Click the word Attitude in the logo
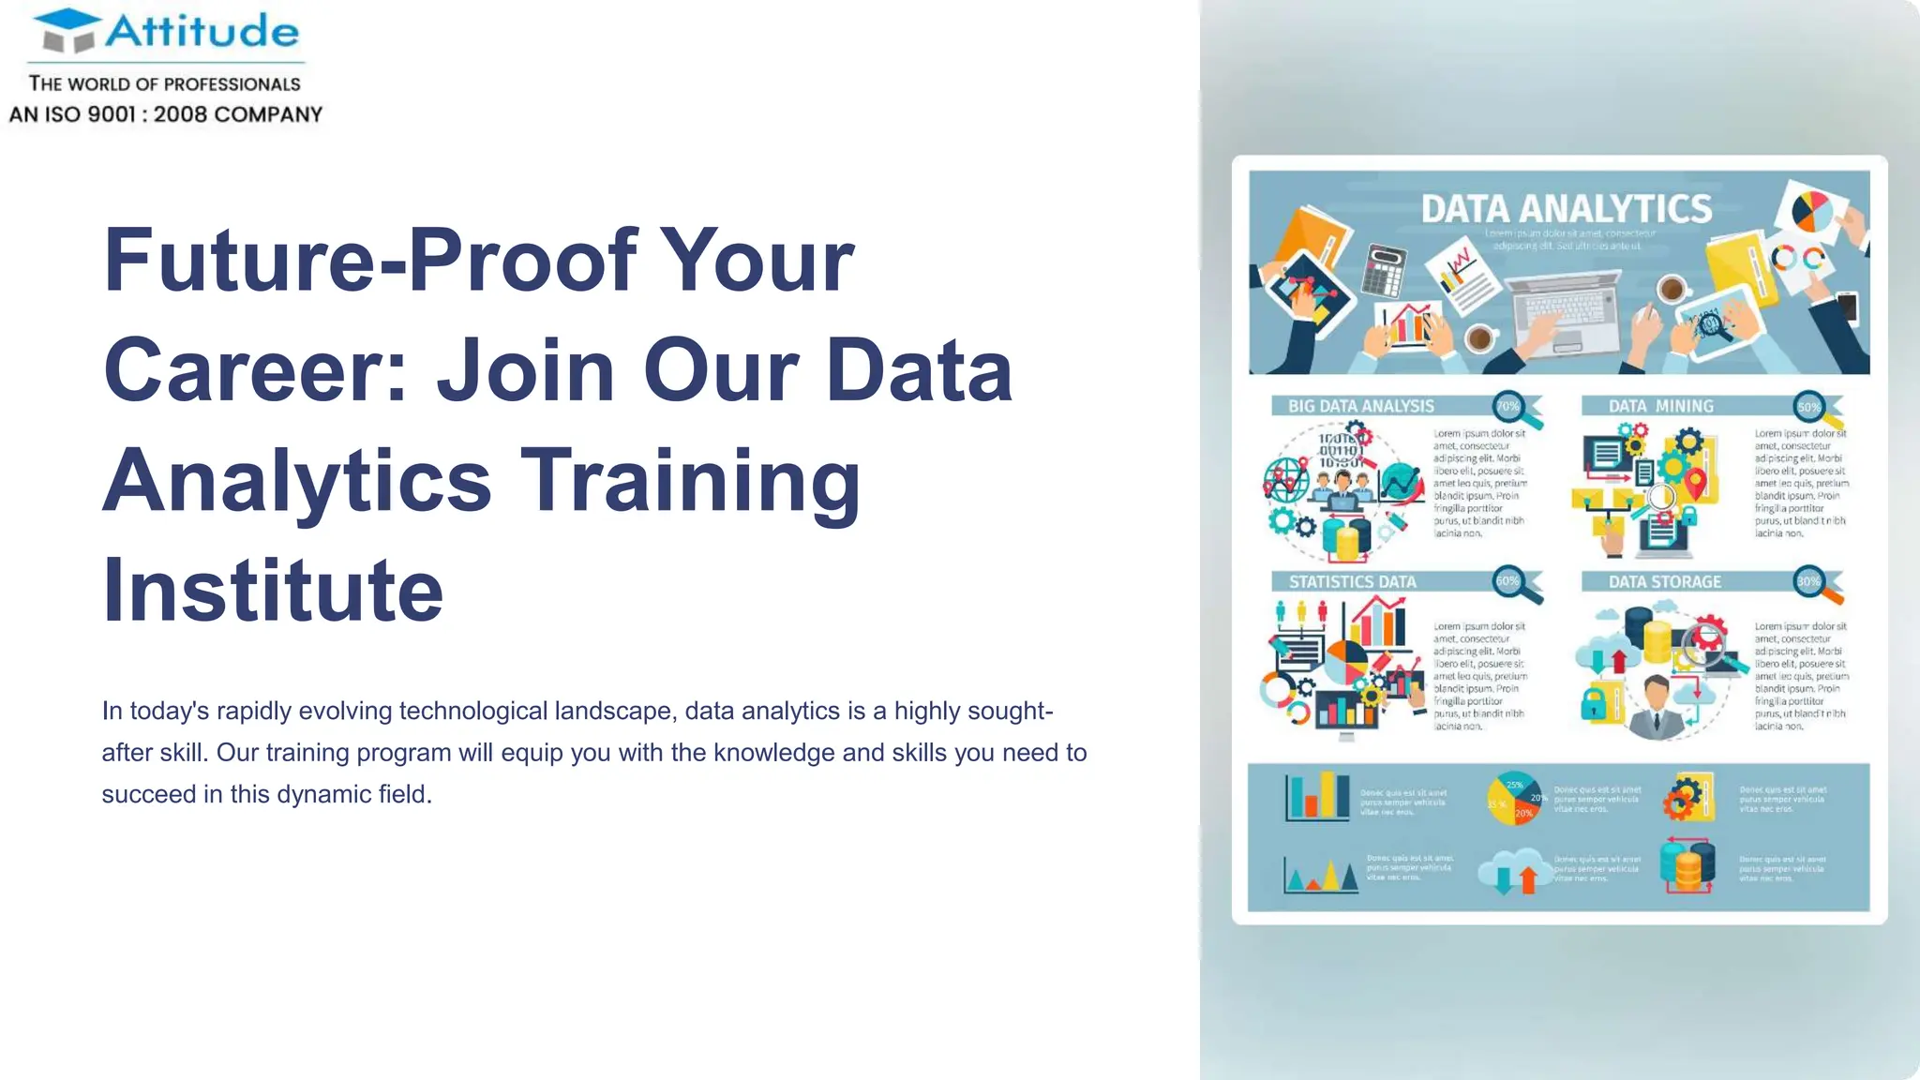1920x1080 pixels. tap(202, 31)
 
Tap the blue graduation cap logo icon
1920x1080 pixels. tap(68, 31)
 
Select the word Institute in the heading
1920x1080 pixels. tap(272, 590)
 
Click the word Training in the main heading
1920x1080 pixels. tap(690, 480)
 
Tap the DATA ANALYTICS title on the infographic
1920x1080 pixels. tap(1566, 209)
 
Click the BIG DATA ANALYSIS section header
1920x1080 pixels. tap(1360, 406)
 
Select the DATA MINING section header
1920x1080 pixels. tap(1660, 406)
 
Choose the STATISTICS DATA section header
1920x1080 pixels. tap(1352, 582)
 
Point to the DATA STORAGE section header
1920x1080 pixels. tap(1664, 582)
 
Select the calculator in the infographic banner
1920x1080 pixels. tap(1383, 269)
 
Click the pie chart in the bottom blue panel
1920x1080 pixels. tap(1514, 799)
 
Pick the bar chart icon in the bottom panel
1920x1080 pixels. tap(1316, 797)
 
